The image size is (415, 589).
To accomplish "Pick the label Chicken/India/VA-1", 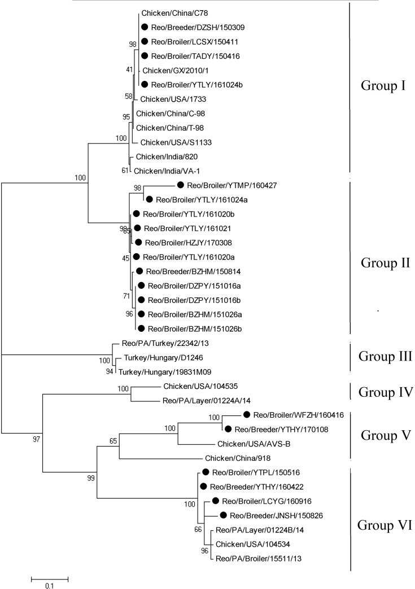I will click(163, 170).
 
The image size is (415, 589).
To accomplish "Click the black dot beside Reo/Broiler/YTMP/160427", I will click(181, 185).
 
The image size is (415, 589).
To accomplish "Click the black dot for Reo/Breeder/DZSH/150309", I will click(145, 27).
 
